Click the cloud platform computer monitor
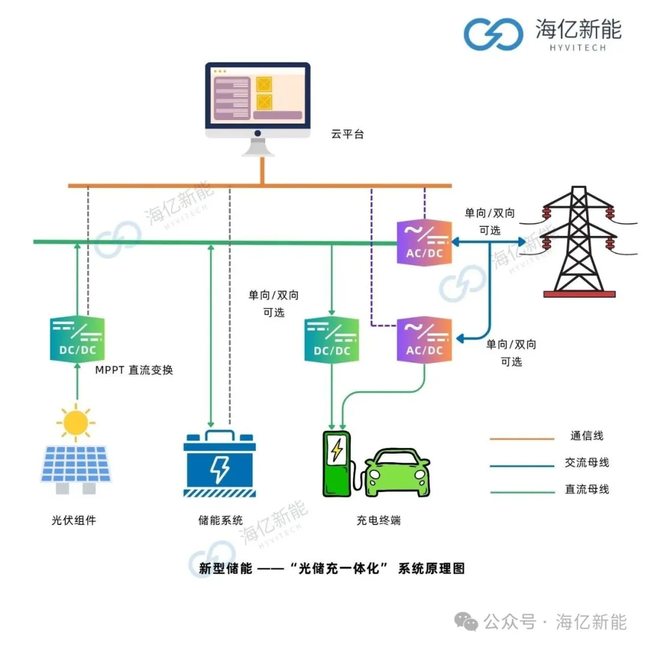coord(257,109)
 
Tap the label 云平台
coord(347,134)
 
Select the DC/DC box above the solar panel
coord(77,339)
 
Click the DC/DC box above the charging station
coord(331,340)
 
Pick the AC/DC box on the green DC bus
coord(424,242)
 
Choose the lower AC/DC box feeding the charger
coord(424,340)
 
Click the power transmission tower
coord(578,241)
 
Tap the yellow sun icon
coord(76,422)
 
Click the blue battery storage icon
coord(220,463)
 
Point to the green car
coord(398,472)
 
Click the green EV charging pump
coord(337,464)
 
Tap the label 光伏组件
coord(74,520)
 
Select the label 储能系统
coord(220,520)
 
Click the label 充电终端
coord(379,520)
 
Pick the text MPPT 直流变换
coord(134,370)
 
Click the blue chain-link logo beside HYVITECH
coord(493,34)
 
